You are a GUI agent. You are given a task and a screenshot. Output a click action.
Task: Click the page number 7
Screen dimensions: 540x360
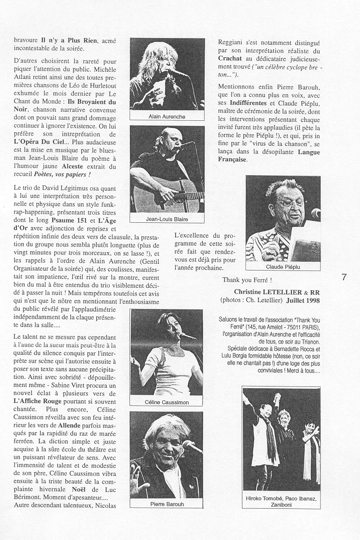click(344, 277)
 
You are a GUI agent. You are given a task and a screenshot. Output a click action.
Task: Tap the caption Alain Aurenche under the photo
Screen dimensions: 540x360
click(167, 117)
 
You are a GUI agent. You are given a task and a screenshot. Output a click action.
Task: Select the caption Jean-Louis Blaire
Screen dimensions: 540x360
click(167, 219)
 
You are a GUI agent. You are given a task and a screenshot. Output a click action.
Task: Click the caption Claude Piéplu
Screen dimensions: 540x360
click(283, 266)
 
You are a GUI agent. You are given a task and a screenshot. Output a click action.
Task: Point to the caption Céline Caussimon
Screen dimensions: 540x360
click(167, 402)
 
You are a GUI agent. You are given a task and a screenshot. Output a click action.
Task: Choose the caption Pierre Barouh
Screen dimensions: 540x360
click(167, 504)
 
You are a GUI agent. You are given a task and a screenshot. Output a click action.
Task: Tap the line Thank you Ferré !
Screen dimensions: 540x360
click(247, 280)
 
